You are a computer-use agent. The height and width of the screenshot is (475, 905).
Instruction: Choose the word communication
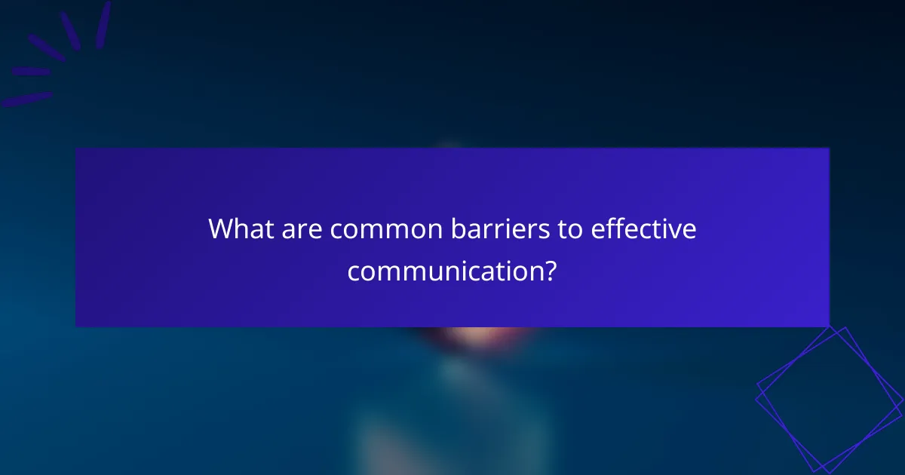(x=444, y=271)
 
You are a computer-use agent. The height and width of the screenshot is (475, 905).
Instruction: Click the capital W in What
(x=222, y=229)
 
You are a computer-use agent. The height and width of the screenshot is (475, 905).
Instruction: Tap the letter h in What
(x=241, y=228)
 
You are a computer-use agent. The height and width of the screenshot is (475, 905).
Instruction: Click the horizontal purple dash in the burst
(x=31, y=72)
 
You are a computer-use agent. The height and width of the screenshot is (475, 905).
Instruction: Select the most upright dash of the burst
(x=103, y=24)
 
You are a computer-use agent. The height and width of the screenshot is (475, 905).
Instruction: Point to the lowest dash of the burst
(x=26, y=99)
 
